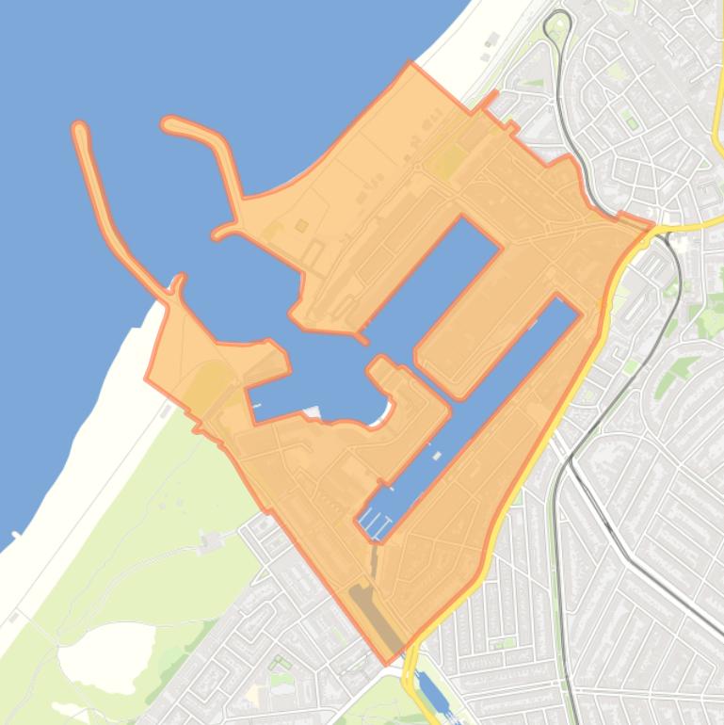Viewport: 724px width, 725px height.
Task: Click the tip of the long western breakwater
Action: click(80, 128)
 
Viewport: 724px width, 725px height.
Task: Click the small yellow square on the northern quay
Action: click(301, 225)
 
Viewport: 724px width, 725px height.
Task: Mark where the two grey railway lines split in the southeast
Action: click(571, 461)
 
